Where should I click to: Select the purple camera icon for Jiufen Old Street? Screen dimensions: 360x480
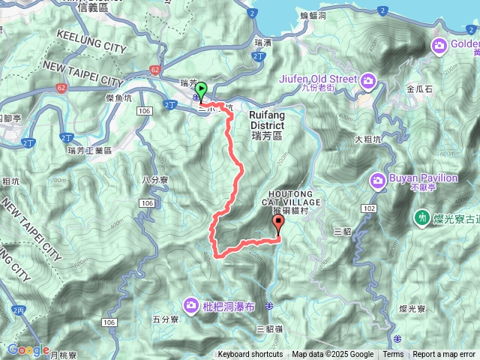368,80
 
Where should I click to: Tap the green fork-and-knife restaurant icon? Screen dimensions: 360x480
422,217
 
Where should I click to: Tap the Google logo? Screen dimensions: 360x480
28,350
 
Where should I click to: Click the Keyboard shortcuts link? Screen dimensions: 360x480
250,355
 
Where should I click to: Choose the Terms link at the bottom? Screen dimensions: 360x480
393,355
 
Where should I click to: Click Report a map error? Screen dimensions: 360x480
443,355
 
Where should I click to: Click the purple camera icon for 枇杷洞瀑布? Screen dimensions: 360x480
191,304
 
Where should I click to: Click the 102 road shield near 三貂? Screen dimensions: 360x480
367,208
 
